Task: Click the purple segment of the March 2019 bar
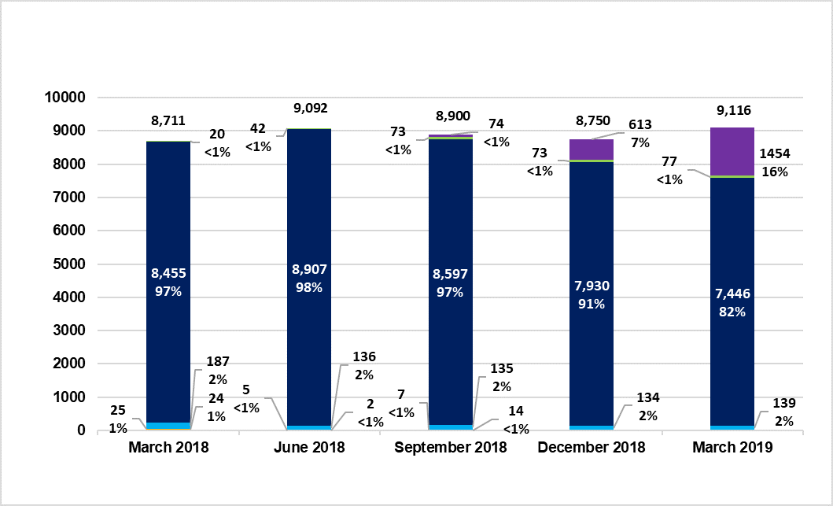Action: tap(732, 152)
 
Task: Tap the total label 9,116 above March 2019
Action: tap(732, 110)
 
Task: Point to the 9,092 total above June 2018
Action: tap(309, 109)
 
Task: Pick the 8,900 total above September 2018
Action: tap(451, 115)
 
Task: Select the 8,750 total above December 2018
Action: tap(592, 123)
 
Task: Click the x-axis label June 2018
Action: tap(309, 448)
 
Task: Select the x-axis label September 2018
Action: tap(451, 448)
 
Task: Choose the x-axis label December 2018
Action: tap(592, 448)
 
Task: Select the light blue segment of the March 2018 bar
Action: tap(168, 425)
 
